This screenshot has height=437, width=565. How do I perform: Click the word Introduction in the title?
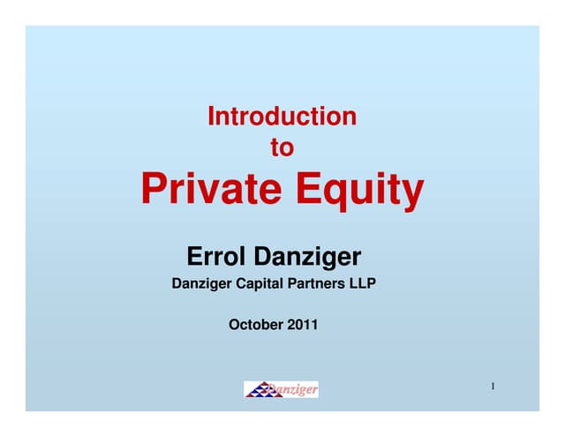(282, 116)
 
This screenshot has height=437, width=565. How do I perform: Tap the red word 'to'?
(282, 148)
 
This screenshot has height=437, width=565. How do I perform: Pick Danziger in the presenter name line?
(307, 258)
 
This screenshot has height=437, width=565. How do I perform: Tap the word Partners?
(323, 284)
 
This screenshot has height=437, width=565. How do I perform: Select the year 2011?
(301, 325)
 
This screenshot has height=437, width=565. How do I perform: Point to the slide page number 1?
(492, 387)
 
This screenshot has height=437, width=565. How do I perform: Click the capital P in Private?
(154, 189)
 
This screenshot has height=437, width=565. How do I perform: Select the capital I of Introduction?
(211, 116)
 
